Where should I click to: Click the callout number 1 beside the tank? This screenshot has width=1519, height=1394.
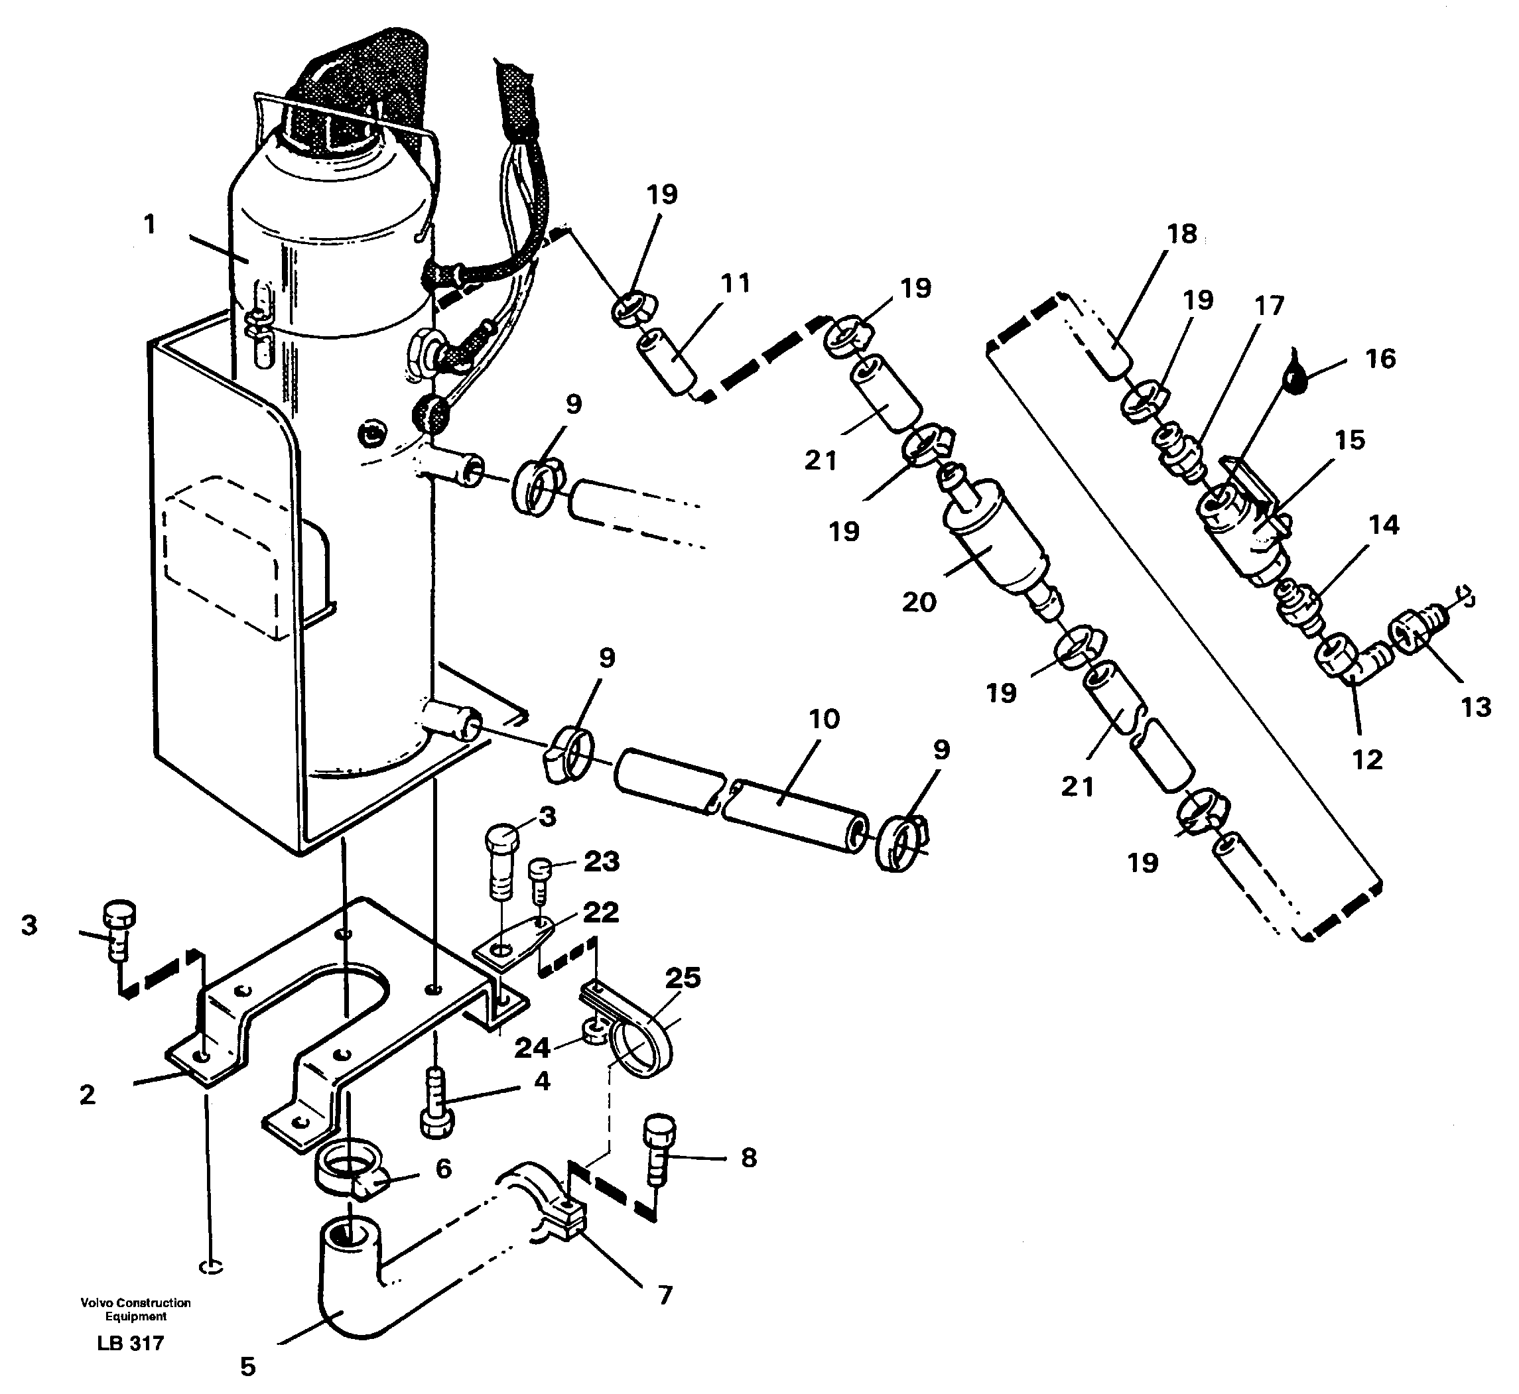click(149, 224)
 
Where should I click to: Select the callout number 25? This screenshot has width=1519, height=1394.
click(683, 978)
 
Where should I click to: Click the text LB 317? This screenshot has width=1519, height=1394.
click(131, 1343)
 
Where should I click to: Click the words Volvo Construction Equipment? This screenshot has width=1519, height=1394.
click(136, 1308)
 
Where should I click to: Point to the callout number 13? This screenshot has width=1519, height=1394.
click(1476, 707)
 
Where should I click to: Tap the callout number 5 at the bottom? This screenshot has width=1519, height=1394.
click(247, 1366)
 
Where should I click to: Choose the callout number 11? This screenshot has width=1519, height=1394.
click(735, 284)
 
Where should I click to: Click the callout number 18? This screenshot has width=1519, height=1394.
click(1181, 234)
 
